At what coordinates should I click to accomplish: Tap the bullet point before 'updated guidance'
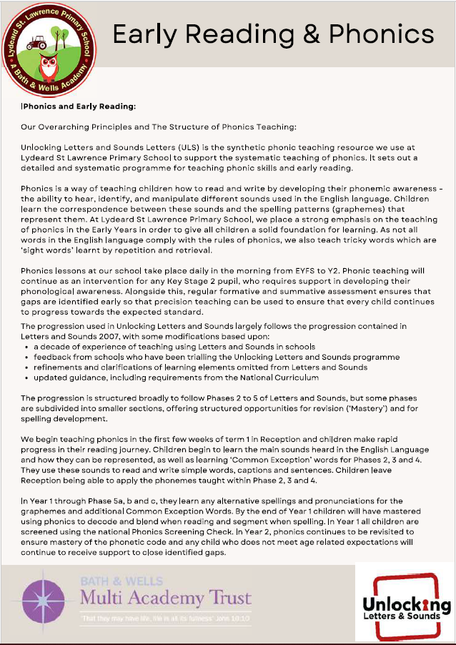pos(26,377)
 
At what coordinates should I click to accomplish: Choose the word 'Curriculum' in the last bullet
pos(294,377)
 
